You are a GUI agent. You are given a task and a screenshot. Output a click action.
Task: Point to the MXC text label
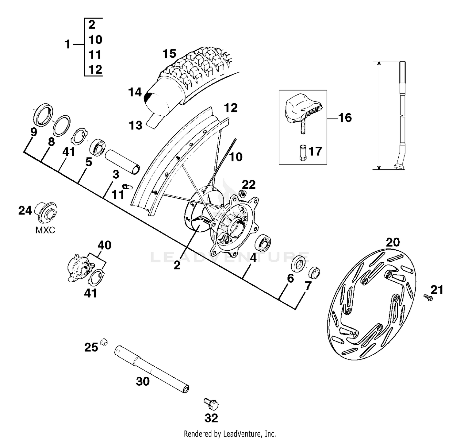(45, 230)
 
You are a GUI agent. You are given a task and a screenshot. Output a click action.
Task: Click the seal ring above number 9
(43, 114)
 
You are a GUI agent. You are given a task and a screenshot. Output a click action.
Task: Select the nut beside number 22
(242, 194)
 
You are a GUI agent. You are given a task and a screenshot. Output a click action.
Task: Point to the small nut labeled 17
(303, 152)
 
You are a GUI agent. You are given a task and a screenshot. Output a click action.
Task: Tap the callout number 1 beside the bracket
(68, 44)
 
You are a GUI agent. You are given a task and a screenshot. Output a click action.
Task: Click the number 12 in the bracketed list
(95, 70)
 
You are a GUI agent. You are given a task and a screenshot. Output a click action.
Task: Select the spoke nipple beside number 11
(127, 186)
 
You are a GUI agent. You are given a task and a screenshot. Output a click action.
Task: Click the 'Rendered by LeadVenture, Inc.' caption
(230, 434)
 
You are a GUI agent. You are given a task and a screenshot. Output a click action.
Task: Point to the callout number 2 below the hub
(177, 265)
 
